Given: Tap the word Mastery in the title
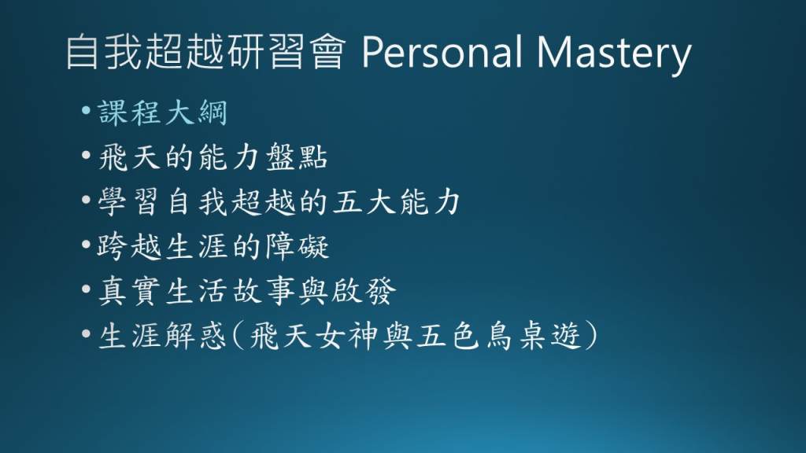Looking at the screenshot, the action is click(614, 54).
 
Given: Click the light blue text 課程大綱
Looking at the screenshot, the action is click(162, 112).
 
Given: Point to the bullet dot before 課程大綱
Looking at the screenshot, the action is click(86, 109).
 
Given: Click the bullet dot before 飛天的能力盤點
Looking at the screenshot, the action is click(86, 154).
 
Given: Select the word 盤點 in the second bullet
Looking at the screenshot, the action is click(297, 157).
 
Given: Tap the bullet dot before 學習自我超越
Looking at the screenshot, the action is click(86, 199).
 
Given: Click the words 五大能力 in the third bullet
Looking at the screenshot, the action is click(397, 202).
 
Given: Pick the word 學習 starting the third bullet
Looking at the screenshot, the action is click(128, 202).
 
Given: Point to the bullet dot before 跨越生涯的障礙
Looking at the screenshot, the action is click(86, 244).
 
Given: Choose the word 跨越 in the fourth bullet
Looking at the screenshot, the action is click(128, 246).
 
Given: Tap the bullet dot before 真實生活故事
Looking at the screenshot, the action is click(86, 289).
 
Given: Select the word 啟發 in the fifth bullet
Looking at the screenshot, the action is click(364, 291).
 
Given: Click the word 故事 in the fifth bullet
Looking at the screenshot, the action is click(264, 291).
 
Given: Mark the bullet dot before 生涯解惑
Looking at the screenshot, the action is click(86, 333).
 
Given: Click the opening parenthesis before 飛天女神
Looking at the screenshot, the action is click(238, 337).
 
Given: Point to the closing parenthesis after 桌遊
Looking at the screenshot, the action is click(591, 337).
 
